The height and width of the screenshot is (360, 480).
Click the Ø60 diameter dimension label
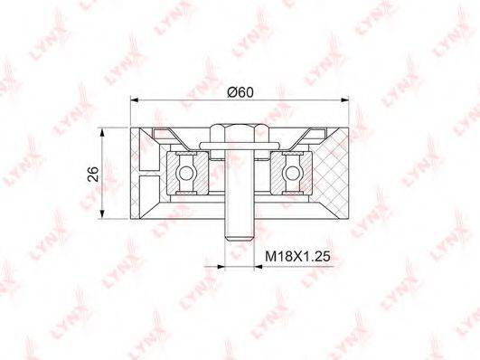pos(240,92)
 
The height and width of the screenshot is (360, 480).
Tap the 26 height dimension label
pos(93,174)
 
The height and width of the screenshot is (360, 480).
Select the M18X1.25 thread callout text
pos(297,256)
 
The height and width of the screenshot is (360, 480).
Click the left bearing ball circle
pos(186,174)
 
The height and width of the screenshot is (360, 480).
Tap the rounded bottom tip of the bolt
pos(240,238)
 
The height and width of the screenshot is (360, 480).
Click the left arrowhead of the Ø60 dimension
pos(135,99)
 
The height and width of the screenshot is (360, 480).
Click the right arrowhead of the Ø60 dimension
pos(344,99)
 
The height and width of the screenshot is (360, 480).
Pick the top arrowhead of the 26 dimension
pos(103,132)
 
